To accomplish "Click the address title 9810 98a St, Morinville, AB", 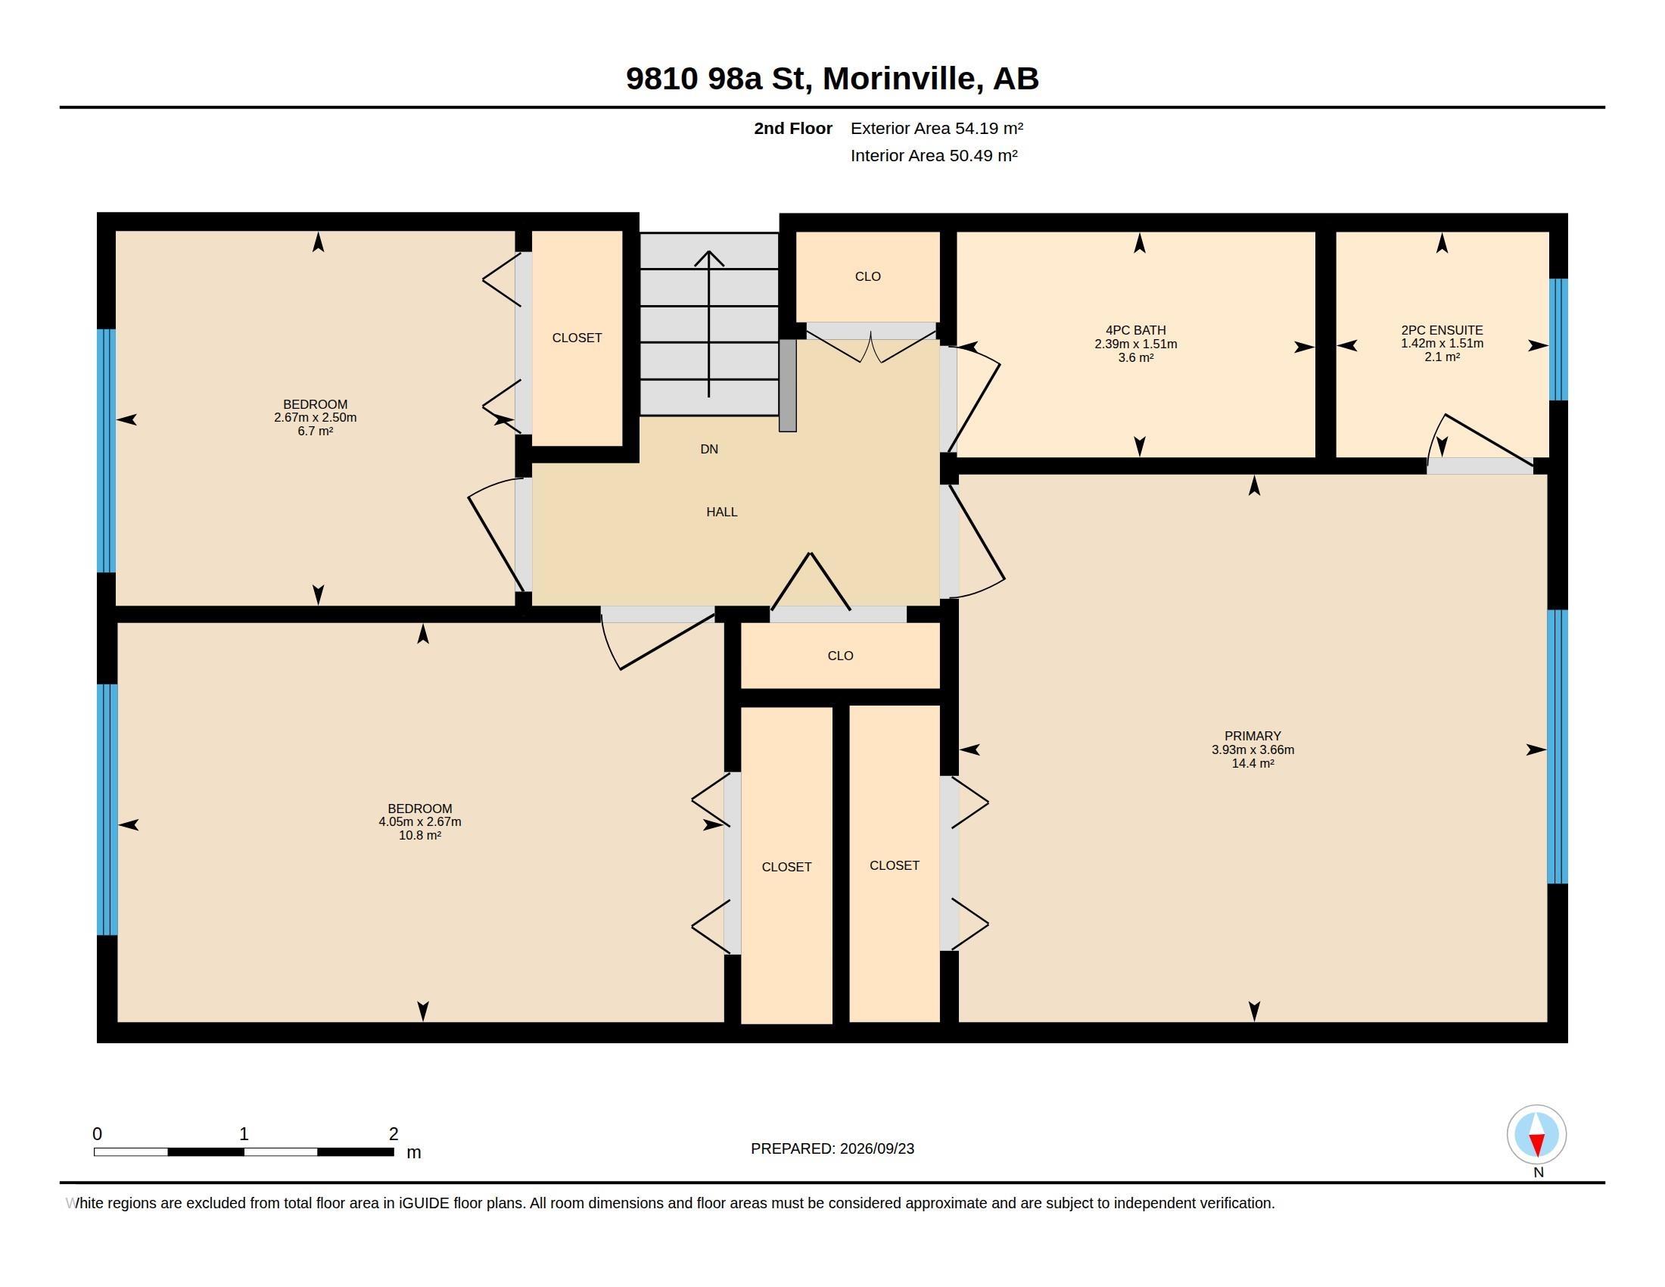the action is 832,79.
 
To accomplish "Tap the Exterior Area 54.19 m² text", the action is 937,128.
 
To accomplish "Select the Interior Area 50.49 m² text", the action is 934,155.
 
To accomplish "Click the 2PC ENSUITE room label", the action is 1442,330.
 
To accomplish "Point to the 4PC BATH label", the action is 1135,330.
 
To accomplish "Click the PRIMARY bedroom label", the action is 1253,736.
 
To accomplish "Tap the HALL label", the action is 721,512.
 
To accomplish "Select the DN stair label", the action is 709,449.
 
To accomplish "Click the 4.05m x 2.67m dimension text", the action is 420,822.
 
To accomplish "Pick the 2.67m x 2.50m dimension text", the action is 315,418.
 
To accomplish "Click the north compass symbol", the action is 1536,1135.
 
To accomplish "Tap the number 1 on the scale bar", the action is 244,1134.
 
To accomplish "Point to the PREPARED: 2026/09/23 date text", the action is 832,1148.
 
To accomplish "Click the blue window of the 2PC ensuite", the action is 1558,339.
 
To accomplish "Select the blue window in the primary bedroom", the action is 1557,746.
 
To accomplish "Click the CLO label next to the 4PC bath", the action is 867,277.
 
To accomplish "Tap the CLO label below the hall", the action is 840,656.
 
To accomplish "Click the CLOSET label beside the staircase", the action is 577,338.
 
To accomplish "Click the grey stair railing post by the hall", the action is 788,385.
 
